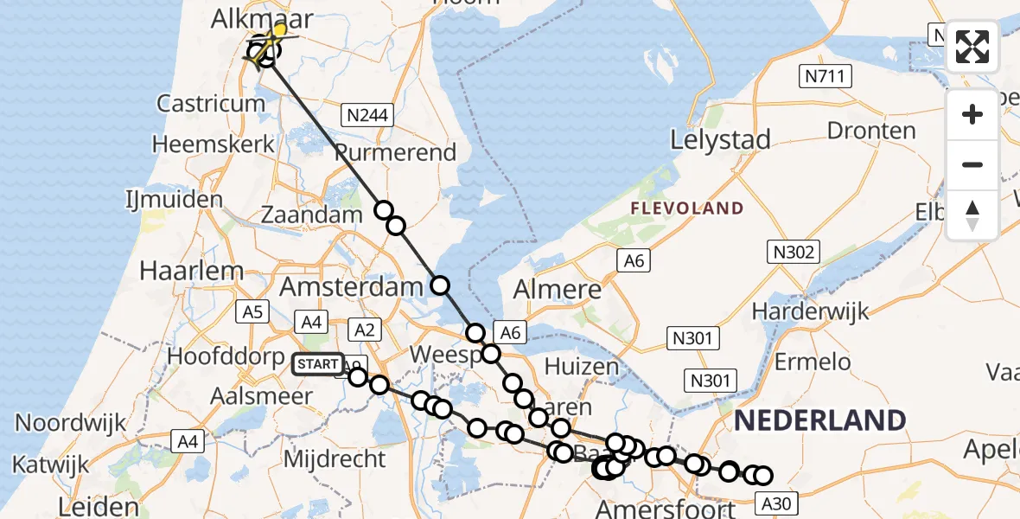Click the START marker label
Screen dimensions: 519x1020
tap(318, 365)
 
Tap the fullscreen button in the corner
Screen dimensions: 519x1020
tap(972, 47)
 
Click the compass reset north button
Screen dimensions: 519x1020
tap(972, 214)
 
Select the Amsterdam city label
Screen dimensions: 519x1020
tap(344, 286)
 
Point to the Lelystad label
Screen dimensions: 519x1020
tap(720, 139)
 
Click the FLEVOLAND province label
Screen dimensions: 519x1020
tap(686, 208)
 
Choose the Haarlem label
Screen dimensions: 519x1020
tap(192, 270)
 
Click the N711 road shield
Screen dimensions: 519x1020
tap(826, 77)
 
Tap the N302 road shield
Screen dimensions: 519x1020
tap(791, 252)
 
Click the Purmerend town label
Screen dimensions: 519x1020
tap(395, 153)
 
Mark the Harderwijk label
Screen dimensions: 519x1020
tap(810, 311)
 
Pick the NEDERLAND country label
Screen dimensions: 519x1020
tap(819, 421)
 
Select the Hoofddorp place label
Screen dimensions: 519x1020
tap(220, 356)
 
